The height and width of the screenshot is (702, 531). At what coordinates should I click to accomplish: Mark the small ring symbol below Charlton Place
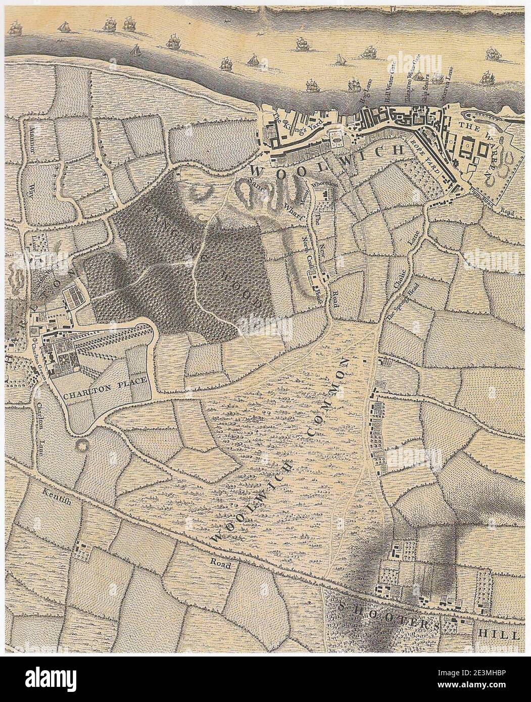click(x=81, y=446)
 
